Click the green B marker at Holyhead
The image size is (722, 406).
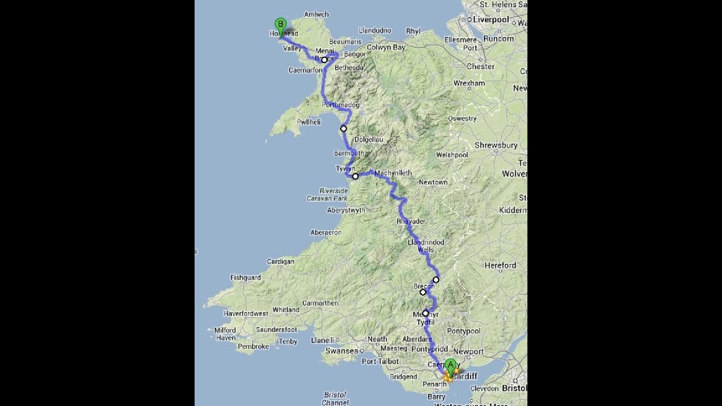[280, 25]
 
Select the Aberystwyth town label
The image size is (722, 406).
[346, 210]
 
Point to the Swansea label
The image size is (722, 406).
[341, 351]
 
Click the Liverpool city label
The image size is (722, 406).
[491, 19]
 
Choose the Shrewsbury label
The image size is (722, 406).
[496, 145]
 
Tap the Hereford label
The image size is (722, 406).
[500, 265]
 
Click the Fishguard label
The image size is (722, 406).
[245, 277]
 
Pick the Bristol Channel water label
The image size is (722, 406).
[334, 398]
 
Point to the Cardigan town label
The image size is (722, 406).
[280, 262]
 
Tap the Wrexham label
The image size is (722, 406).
[469, 83]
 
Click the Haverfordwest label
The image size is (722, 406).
[245, 314]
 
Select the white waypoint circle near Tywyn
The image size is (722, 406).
[355, 176]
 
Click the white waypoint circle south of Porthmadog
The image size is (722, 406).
[344, 129]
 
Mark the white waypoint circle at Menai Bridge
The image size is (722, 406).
[324, 60]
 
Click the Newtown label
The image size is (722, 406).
[433, 182]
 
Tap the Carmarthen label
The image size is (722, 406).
[320, 303]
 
